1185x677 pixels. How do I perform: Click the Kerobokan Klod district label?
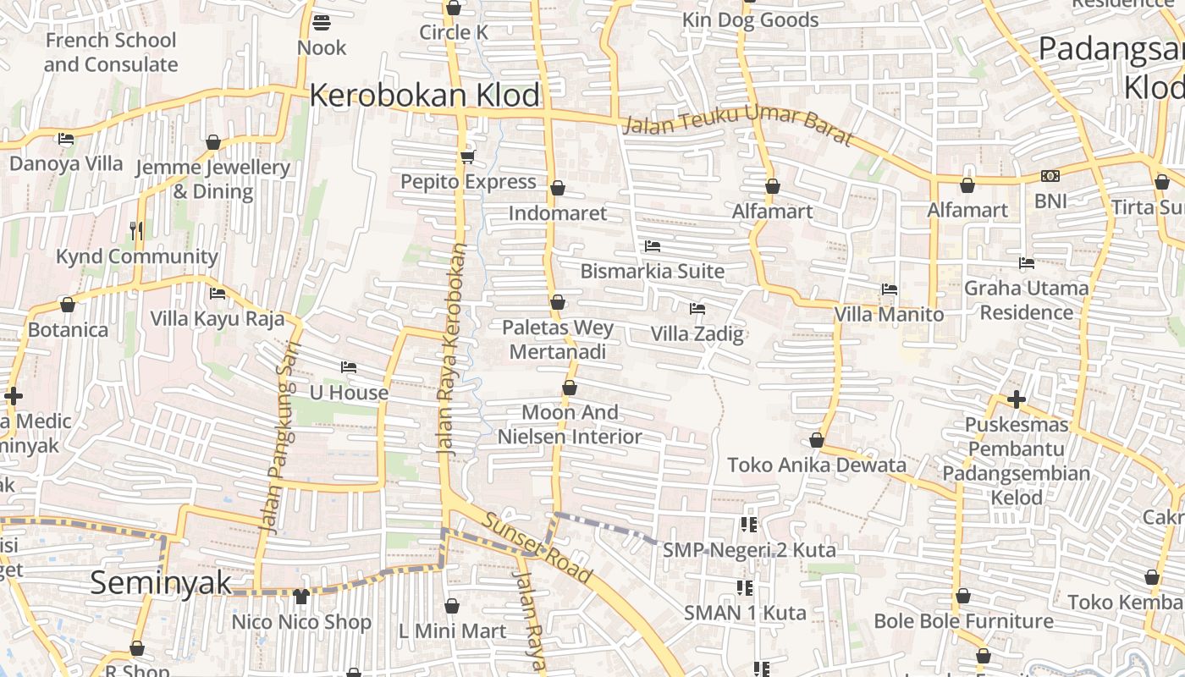coord(424,95)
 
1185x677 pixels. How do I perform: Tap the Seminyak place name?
coord(161,582)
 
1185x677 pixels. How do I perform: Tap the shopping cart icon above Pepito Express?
coord(467,157)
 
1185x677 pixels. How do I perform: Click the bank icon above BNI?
coord(1050,176)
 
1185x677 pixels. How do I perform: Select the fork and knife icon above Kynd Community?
coord(136,230)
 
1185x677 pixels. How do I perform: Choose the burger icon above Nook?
coord(322,22)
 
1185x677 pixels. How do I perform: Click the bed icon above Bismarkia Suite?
coord(652,246)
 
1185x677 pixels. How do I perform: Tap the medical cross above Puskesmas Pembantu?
coord(1017,399)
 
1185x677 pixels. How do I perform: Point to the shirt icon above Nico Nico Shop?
coord(301,596)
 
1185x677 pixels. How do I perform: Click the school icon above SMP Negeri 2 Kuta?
coord(748,525)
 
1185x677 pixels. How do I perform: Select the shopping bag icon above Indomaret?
coord(558,188)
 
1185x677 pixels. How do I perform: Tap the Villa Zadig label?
coord(697,333)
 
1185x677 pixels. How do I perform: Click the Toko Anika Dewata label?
coord(817,465)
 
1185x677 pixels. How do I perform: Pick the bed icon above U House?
coord(348,367)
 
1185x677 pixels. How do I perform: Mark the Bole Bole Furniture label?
coord(963,621)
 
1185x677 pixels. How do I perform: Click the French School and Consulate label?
coord(111,52)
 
